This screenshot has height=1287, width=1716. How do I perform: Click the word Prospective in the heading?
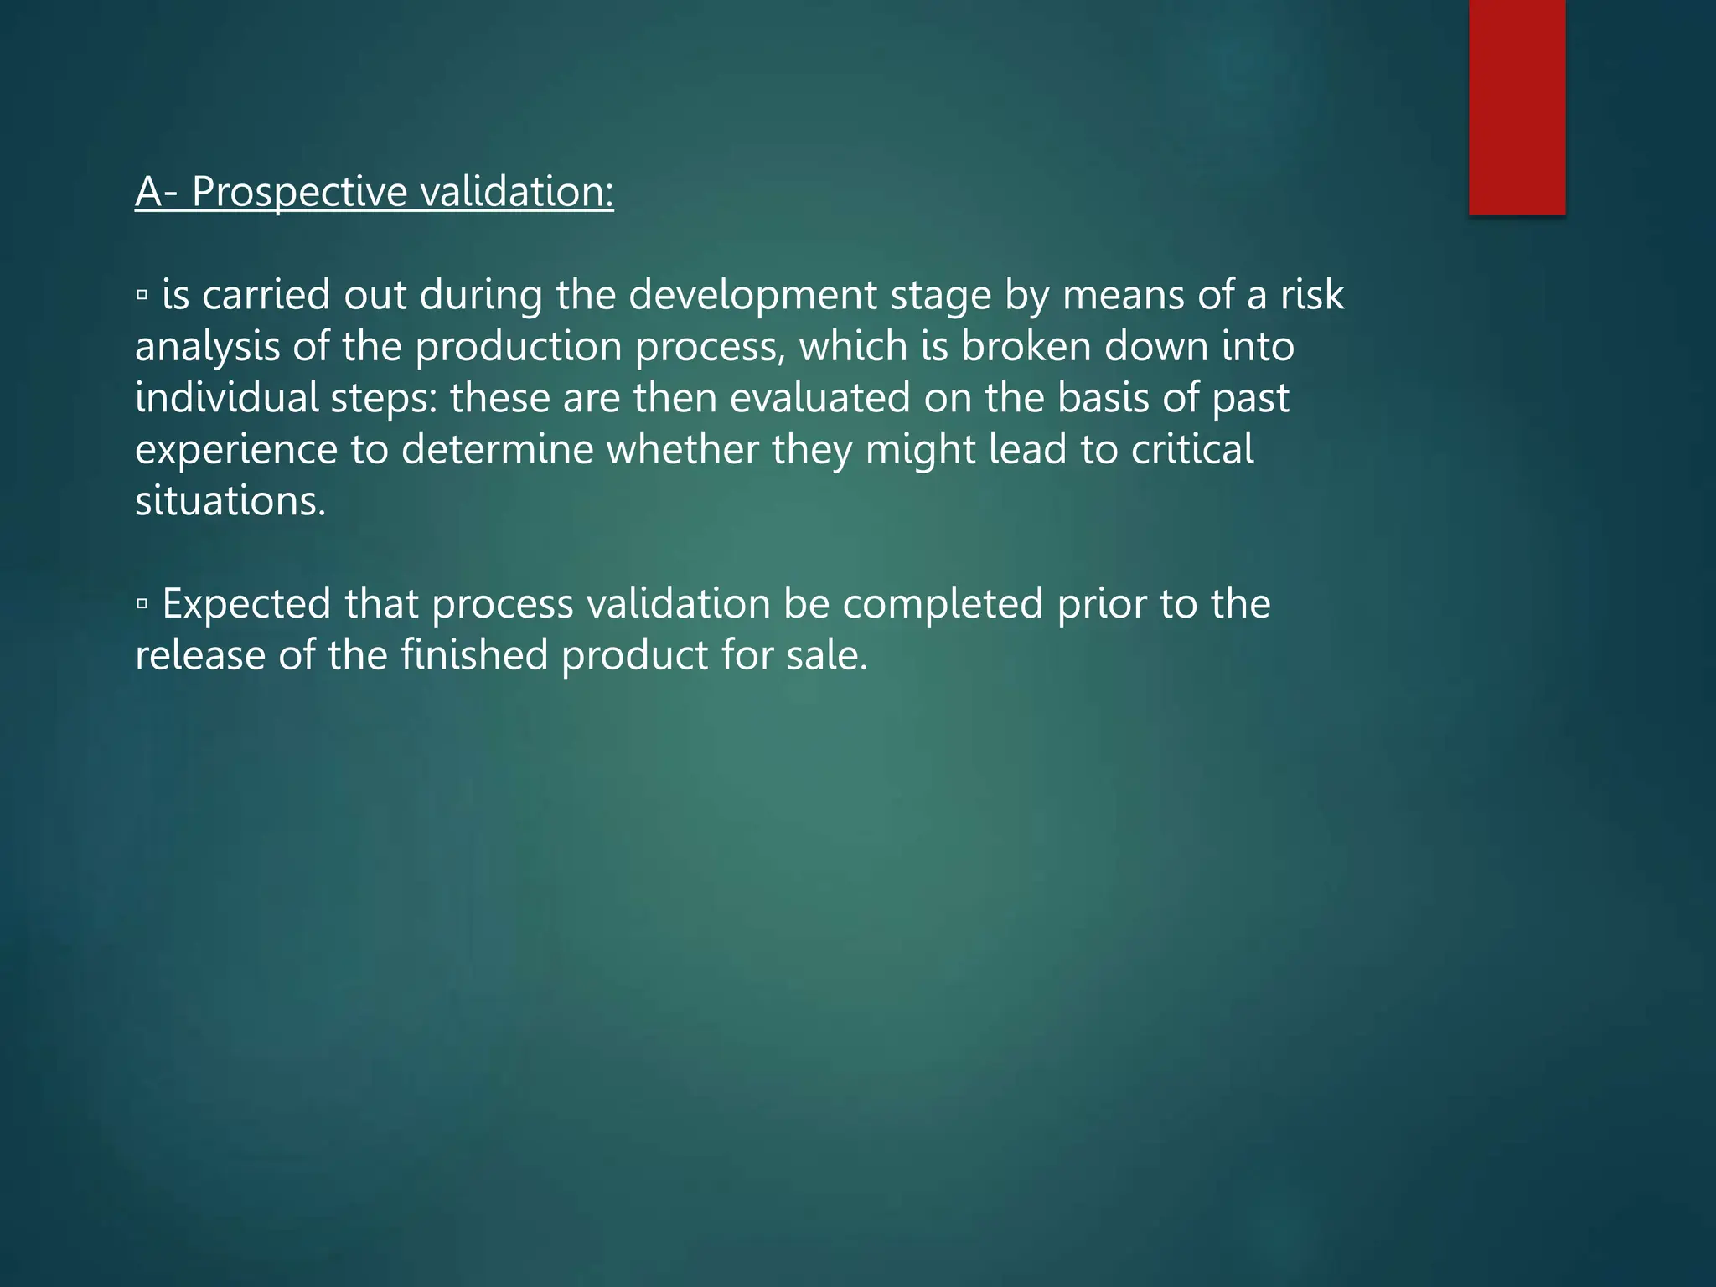point(299,192)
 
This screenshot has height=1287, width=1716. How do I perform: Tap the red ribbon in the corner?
point(1517,106)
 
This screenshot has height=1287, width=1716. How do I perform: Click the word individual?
point(227,398)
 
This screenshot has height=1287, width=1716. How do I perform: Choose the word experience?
point(235,450)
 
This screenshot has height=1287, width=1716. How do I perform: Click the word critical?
point(1192,450)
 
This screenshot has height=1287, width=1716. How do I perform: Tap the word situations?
point(230,501)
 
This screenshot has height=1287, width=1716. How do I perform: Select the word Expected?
point(246,604)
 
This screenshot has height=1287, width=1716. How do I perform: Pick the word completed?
point(942,604)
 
